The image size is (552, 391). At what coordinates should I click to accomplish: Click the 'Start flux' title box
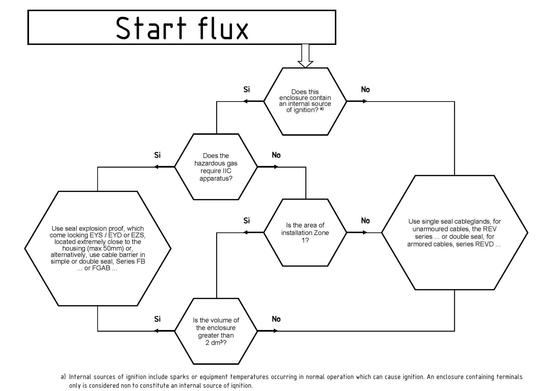coord(182,27)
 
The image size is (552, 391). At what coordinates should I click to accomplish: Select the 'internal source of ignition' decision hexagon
coord(305,101)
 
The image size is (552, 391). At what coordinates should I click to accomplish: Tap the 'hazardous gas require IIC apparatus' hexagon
coord(216,167)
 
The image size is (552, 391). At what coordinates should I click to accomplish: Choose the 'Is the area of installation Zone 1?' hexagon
coord(305,232)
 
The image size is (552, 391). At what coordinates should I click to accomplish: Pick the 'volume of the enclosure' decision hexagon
coord(216,331)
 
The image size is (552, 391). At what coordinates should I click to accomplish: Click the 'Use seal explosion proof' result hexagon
coord(98,248)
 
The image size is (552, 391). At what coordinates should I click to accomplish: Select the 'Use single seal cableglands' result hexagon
coord(454,233)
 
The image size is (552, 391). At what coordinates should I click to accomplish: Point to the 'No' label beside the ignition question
coord(365,90)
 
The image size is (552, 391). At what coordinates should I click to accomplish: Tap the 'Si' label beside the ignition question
coord(247,90)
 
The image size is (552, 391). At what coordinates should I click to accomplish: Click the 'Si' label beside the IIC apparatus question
coord(157,155)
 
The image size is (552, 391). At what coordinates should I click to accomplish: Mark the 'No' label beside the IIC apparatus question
coord(276,155)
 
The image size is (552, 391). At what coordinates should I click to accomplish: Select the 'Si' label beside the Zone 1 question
coord(247,221)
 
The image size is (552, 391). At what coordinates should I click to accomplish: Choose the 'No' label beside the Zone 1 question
coord(365,221)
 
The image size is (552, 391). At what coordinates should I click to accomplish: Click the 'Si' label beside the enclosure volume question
coord(157,319)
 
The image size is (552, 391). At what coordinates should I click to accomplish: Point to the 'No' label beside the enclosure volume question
coord(276,319)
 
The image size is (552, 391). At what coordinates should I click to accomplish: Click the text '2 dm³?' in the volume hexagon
coord(216,343)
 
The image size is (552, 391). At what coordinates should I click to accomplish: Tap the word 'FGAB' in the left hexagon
coord(101,268)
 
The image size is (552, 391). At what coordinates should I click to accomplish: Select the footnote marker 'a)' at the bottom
coord(63,377)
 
